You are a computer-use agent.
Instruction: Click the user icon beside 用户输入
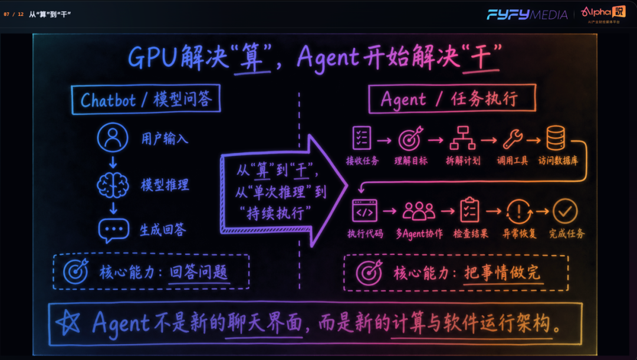[113, 138]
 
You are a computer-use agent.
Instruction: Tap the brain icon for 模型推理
[113, 185]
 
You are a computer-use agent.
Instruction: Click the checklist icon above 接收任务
[362, 138]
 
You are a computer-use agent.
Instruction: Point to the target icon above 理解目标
[411, 139]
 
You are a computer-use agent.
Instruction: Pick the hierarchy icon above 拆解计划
[462, 138]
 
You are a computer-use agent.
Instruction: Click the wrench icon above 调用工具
[513, 139]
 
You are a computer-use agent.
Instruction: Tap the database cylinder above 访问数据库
[556, 138]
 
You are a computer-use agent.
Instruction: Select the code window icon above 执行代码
[365, 211]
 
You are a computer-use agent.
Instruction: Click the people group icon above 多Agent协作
[419, 211]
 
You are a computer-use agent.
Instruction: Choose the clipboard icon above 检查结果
[469, 210]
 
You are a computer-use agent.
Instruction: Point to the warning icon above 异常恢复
[519, 211]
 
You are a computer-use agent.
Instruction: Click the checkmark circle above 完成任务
[565, 211]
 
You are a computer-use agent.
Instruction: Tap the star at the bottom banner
[68, 323]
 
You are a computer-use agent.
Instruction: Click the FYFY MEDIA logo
[527, 15]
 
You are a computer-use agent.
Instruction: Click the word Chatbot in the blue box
[108, 100]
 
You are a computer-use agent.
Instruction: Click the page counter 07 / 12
[14, 14]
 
